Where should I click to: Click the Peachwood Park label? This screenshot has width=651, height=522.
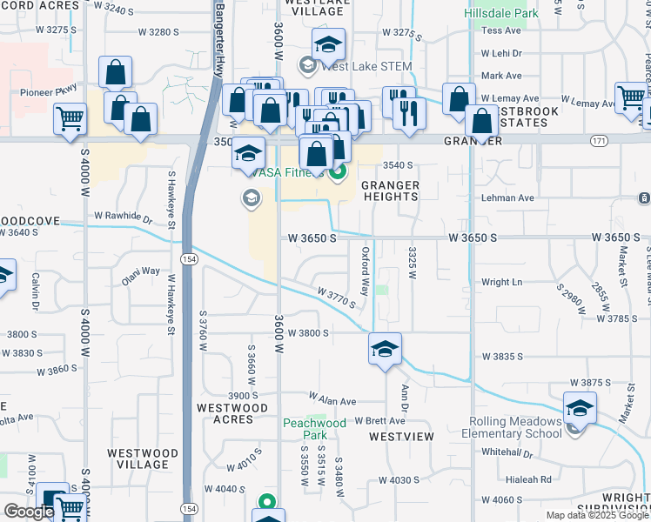pyautogui.click(x=305, y=429)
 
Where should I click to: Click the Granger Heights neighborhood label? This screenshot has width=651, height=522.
pyautogui.click(x=390, y=191)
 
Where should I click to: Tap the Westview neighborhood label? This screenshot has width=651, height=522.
pyautogui.click(x=400, y=436)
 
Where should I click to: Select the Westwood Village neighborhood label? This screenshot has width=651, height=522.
pyautogui.click(x=142, y=458)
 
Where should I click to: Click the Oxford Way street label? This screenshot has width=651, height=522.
pyautogui.click(x=366, y=270)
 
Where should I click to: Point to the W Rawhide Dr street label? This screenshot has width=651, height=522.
pyautogui.click(x=123, y=216)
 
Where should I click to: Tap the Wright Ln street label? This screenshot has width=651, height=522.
pyautogui.click(x=501, y=282)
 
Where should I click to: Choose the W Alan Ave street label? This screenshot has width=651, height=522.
pyautogui.click(x=332, y=401)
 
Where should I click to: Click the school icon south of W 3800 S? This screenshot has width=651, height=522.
pyautogui.click(x=385, y=350)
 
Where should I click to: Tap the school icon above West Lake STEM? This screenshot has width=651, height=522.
pyautogui.click(x=328, y=45)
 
